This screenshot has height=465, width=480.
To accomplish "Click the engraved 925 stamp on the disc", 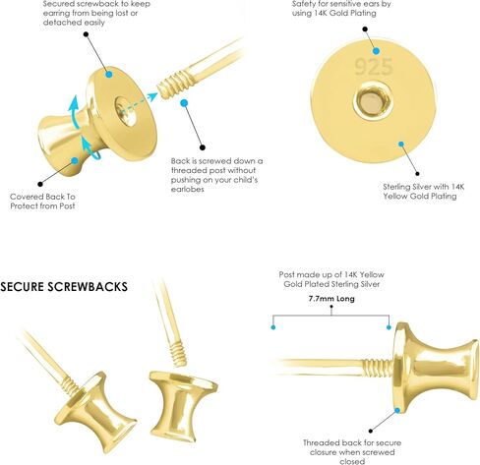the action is click(x=374, y=67).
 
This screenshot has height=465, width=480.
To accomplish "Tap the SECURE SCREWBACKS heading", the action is click(x=64, y=287).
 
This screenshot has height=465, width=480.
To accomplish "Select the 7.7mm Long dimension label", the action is click(x=331, y=299).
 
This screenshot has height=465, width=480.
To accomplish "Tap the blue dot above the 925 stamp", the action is click(x=377, y=51).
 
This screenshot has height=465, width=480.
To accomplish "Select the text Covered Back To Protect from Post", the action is click(x=42, y=202).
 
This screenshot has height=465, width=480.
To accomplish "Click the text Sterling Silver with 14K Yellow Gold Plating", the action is click(x=424, y=192).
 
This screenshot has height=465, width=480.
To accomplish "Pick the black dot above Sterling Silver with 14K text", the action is click(x=417, y=174).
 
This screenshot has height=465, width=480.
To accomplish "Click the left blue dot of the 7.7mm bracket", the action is click(x=273, y=327).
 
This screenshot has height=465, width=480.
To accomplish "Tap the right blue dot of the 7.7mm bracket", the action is click(x=389, y=327).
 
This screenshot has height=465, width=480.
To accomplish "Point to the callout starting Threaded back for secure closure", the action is click(x=352, y=452).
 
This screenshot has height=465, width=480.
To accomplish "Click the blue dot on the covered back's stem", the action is click(x=75, y=160).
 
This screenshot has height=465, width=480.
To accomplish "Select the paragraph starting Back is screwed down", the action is click(x=216, y=175).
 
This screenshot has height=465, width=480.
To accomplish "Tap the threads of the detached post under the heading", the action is click(x=177, y=354).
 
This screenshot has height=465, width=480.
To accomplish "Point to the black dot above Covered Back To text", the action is click(x=40, y=184).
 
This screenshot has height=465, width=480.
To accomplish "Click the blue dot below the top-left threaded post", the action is click(x=184, y=103).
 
